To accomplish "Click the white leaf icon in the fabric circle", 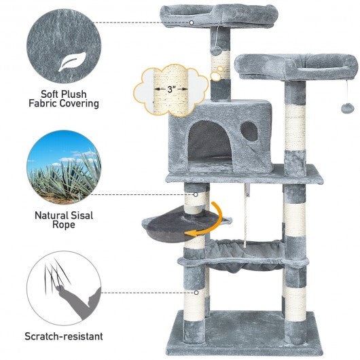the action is point(73,62).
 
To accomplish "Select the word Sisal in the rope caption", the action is point(82,215).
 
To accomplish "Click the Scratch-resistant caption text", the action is point(64,336).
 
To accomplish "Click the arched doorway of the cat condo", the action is point(210,142).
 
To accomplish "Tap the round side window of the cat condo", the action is point(249,131).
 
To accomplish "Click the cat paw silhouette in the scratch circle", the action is point(79,302).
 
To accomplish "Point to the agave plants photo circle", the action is point(64,167).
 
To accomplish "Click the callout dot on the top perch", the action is point(192,22).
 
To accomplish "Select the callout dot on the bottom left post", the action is point(196,293).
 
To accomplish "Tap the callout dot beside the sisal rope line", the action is point(196,195).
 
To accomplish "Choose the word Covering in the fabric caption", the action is point(79,103).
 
